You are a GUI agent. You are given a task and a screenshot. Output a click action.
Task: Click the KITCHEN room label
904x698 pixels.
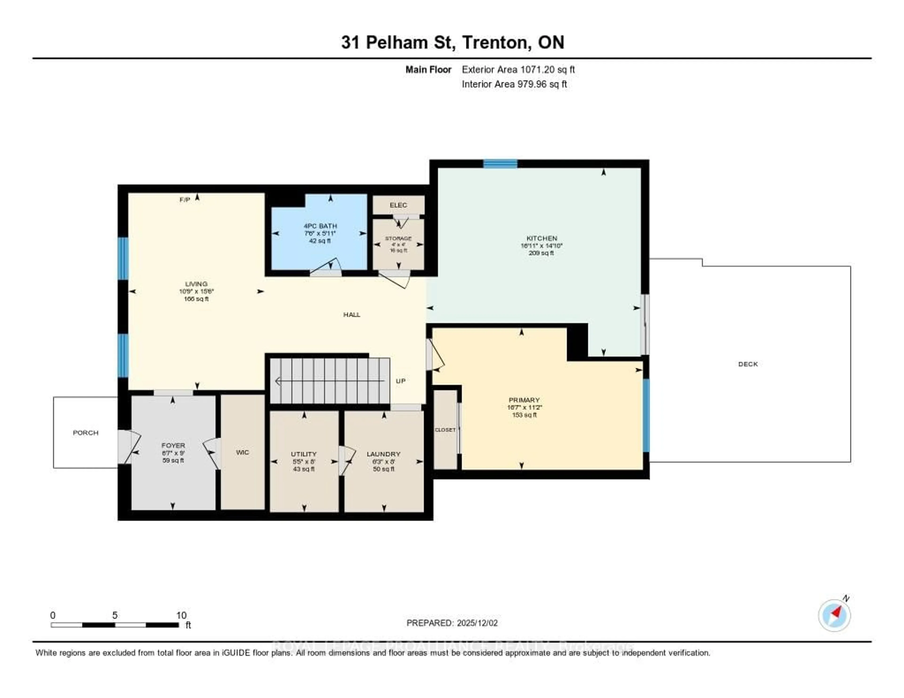pos(541,238)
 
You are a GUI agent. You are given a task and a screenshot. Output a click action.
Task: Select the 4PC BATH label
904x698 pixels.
pos(320,226)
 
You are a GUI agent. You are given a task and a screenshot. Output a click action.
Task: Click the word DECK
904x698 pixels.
pos(747,364)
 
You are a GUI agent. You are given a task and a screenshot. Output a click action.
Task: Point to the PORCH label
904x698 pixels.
pos(86,433)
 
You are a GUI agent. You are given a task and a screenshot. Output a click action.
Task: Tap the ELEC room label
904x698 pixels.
pos(398,205)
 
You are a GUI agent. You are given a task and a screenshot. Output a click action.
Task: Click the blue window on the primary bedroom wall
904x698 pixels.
pos(646,415)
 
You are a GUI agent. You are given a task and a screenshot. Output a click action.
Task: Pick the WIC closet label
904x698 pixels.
pos(242,452)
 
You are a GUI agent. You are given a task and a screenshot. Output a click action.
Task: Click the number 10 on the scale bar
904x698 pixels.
pos(181,615)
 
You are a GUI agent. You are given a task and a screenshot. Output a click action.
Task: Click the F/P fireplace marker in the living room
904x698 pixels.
pos(185,200)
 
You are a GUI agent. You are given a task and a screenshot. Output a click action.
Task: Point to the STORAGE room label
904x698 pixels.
pos(398,239)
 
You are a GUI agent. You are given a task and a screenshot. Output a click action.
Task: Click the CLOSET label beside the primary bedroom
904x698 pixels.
pos(445,430)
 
